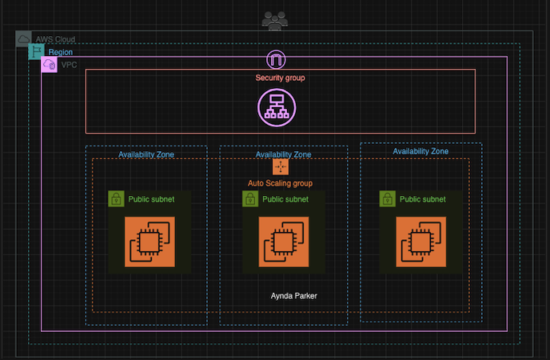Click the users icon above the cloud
(x=275, y=21)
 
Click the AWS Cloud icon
(x=24, y=38)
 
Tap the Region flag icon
(x=37, y=52)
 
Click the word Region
(x=60, y=52)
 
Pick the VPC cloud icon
(x=49, y=64)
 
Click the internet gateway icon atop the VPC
(x=276, y=59)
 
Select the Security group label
(x=280, y=78)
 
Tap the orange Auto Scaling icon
(x=281, y=166)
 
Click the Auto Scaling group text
(x=280, y=183)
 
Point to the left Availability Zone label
(x=146, y=154)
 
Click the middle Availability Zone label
(x=283, y=154)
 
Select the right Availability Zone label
(x=420, y=151)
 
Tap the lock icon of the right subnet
(x=388, y=199)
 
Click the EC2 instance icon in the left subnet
(x=149, y=242)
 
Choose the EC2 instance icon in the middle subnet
(x=283, y=242)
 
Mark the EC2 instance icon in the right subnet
(x=420, y=242)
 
